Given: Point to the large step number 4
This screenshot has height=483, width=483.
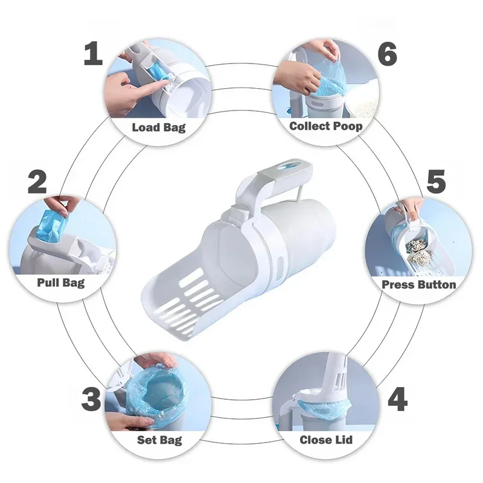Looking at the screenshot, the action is click(397, 399).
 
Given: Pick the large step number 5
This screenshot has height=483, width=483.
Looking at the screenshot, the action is click(436, 182).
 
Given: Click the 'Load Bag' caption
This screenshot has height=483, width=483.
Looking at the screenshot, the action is click(159, 127).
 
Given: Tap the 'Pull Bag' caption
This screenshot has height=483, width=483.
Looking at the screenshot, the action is click(61, 283).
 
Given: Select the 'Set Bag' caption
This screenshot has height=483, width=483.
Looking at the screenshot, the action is click(159, 440).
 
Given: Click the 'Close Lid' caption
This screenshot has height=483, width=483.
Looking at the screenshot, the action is click(326, 440).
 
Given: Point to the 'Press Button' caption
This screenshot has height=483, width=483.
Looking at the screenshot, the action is click(418, 284).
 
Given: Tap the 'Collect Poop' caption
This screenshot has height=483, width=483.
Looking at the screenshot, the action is click(326, 126).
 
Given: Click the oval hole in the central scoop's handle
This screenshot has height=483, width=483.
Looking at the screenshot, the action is click(287, 165).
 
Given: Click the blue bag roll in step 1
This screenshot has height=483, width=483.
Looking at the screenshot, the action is click(156, 74).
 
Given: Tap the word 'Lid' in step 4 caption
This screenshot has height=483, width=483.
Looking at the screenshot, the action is click(344, 440).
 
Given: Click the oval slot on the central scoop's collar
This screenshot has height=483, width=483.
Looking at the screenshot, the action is click(280, 265).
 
